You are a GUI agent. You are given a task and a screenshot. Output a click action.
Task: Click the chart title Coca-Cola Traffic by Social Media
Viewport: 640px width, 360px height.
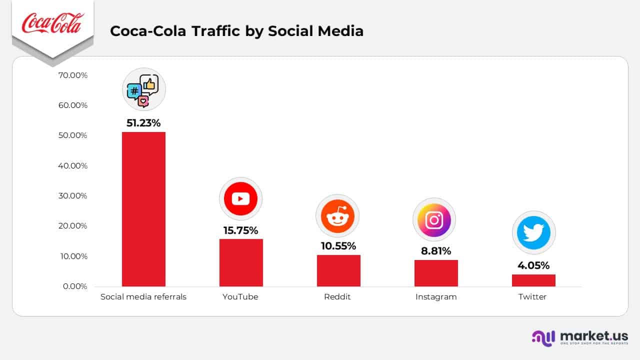[236, 31]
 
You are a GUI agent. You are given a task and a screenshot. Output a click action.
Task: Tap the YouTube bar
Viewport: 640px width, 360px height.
[240, 262]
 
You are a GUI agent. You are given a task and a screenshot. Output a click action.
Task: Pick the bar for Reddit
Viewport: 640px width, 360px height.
[338, 270]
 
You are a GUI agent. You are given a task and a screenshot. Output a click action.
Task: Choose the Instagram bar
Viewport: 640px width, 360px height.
[436, 273]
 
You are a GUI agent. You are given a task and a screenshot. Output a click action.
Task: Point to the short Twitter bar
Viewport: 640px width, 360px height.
[533, 280]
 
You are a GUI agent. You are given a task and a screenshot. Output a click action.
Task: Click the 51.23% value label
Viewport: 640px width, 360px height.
[143, 123]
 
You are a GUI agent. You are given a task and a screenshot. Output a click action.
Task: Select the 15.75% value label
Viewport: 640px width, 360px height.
[240, 230]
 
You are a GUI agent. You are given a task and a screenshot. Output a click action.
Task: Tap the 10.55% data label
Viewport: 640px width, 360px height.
[338, 246]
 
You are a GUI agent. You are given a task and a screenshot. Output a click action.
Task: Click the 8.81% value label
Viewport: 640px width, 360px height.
[436, 251]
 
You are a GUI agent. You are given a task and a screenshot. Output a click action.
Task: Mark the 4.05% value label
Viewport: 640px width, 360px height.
[533, 265]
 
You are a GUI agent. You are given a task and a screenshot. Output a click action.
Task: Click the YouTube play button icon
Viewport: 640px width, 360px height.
[240, 199]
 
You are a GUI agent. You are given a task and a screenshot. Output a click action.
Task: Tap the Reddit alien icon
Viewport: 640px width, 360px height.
[337, 216]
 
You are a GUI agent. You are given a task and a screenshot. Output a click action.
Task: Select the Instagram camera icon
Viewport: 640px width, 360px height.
[434, 220]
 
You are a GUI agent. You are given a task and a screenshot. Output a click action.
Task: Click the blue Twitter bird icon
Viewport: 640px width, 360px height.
[533, 233]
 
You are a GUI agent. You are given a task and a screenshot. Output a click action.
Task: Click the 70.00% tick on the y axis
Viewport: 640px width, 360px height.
[73, 75]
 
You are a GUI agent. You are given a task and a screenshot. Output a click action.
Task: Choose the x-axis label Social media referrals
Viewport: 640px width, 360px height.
[143, 297]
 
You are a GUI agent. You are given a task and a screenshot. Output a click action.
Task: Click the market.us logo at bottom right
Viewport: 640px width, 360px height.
[580, 337]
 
